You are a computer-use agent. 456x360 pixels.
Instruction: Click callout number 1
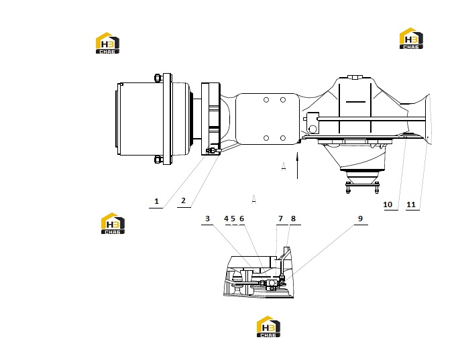pyautogui.click(x=156, y=201)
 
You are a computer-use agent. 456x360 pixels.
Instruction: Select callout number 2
pyautogui.click(x=183, y=200)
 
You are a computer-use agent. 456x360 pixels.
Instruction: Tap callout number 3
pyautogui.click(x=207, y=219)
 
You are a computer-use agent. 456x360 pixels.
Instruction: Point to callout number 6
pyautogui.click(x=241, y=219)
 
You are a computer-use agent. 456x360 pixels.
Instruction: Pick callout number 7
pyautogui.click(x=280, y=219)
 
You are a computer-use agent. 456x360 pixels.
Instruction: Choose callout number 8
pyautogui.click(x=293, y=219)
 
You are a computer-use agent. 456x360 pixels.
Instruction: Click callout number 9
pyautogui.click(x=360, y=219)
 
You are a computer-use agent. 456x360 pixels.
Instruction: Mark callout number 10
pyautogui.click(x=388, y=204)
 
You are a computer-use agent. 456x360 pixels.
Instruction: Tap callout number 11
pyautogui.click(x=411, y=204)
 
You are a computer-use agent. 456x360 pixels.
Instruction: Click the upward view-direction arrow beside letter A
pyautogui.click(x=297, y=165)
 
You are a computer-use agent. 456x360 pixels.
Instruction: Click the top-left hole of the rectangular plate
pyautogui.click(x=266, y=100)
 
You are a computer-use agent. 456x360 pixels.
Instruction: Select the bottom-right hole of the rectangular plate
pyautogui.click(x=283, y=138)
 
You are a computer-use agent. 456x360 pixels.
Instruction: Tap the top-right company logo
pyautogui.click(x=411, y=38)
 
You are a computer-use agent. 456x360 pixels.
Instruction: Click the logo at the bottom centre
pyautogui.click(x=268, y=326)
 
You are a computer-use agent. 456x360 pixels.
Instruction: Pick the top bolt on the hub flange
pyautogui.click(x=158, y=78)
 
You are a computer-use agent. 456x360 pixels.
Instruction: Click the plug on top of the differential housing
pyautogui.click(x=354, y=77)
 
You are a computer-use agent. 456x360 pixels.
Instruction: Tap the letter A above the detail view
pyautogui.click(x=254, y=199)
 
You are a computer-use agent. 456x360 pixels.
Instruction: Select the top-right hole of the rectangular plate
pyautogui.click(x=283, y=100)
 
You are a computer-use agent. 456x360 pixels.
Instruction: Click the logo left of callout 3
pyautogui.click(x=113, y=223)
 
